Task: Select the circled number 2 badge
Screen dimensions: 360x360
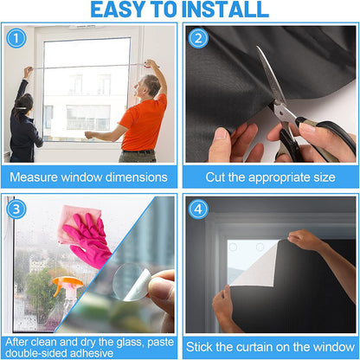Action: tap(199, 39)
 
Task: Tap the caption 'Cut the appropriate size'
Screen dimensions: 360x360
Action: tap(270, 177)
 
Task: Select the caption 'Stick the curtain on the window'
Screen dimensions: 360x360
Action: tap(270, 347)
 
